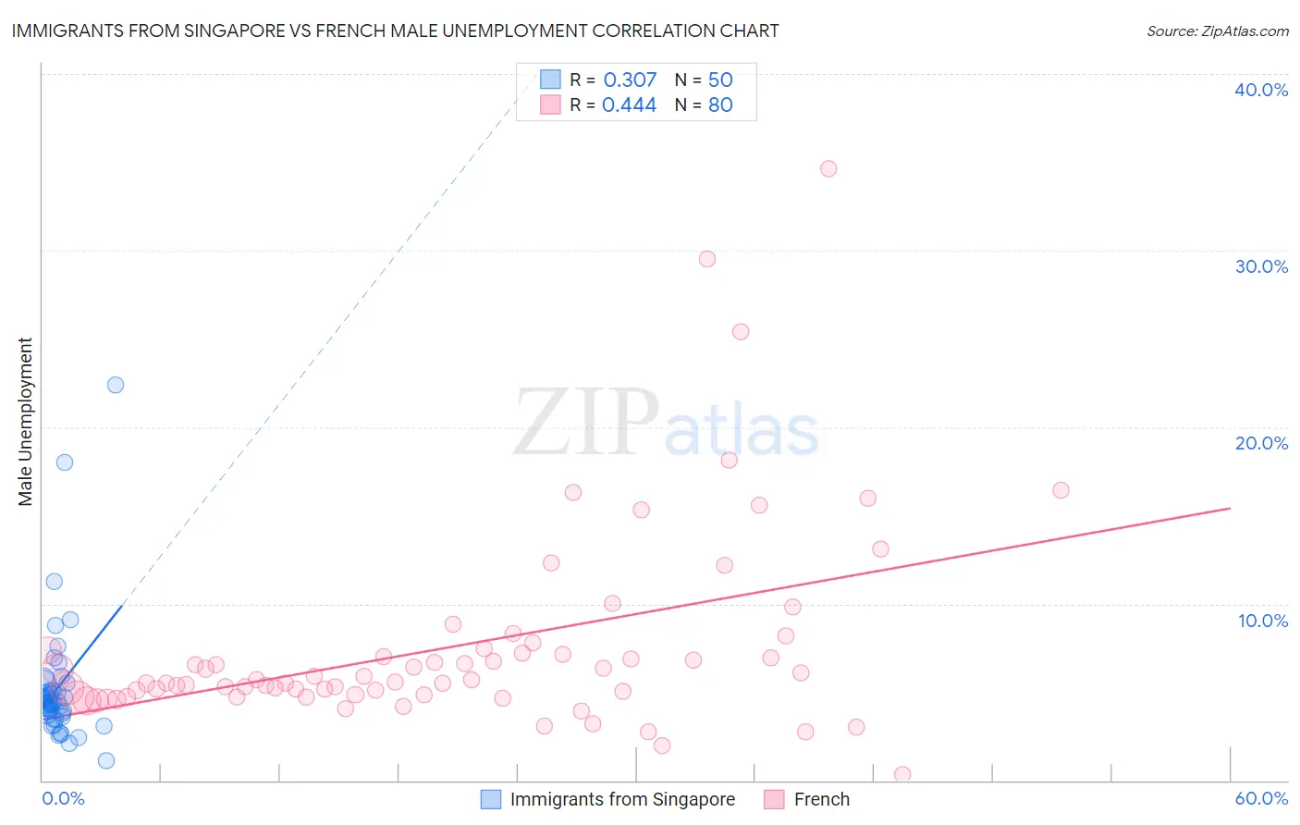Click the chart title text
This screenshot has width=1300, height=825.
pos(395,31)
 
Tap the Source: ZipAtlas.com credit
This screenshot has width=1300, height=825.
pos(1217,31)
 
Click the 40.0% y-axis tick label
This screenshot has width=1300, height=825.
pos(1261,90)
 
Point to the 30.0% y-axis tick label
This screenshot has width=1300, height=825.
pos(1261,266)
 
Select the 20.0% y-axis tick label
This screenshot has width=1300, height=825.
pos(1261,443)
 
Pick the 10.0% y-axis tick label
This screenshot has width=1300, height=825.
pos(1262,621)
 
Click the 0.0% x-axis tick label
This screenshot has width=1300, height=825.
pos(63,798)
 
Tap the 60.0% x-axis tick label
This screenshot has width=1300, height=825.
pos(1261,798)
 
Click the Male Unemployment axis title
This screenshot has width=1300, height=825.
pos(26,422)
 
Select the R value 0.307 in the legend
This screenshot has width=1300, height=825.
pos(630,80)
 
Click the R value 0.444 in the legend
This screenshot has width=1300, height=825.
pos(629,105)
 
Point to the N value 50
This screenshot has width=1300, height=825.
pos(720,80)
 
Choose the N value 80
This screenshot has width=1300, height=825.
pos(720,105)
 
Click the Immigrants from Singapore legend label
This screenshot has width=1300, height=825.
pos(622,799)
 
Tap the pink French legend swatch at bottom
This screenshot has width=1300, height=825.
pos(775,799)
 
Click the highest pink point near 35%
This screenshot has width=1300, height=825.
pos(828,168)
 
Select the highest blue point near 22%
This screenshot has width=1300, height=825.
pos(116,385)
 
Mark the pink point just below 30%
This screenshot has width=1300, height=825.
pos(707,259)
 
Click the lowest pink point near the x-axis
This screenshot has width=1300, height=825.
pos(902,774)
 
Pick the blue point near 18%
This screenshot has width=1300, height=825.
pos(65,462)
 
